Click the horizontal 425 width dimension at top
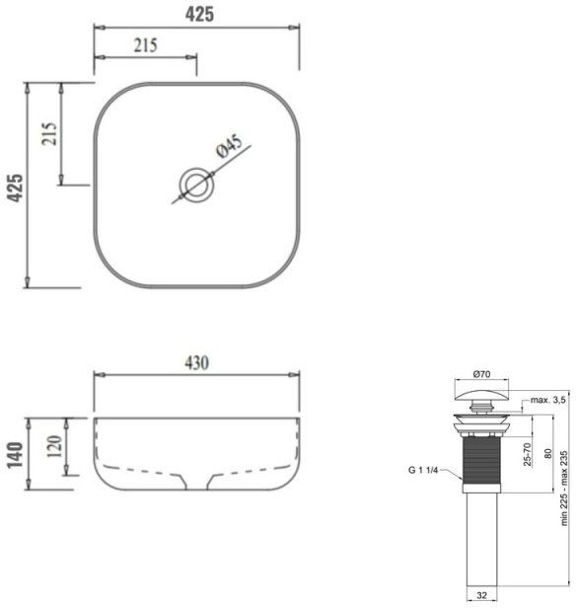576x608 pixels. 197,14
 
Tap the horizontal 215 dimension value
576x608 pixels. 145,45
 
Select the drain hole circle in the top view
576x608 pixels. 194,184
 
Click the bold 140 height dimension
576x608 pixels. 14,452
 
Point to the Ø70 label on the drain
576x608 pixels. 483,374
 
